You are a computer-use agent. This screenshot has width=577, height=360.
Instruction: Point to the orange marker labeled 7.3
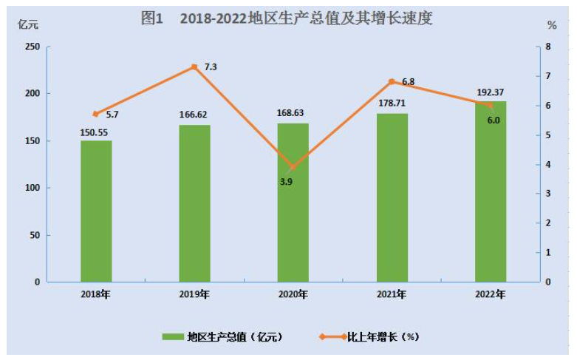[x=194, y=67]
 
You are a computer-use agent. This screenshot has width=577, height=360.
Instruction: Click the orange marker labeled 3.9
[x=293, y=167]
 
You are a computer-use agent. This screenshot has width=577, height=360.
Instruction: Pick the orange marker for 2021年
[x=392, y=81]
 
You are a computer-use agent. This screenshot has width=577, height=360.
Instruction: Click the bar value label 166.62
[x=194, y=115]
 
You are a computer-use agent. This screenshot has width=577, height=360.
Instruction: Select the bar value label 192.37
[x=491, y=92]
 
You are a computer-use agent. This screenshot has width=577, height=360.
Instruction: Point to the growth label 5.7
[x=112, y=115]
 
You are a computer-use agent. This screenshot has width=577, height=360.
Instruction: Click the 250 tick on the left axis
[x=32, y=47]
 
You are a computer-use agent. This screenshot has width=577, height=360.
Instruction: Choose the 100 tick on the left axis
[x=32, y=188]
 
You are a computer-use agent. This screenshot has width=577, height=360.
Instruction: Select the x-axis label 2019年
[x=194, y=294]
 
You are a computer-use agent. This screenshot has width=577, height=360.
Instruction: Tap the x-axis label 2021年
[x=392, y=294]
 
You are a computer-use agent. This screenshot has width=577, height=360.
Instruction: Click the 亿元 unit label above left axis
[x=28, y=24]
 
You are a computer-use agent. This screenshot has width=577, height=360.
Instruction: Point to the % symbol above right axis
[x=551, y=24]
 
